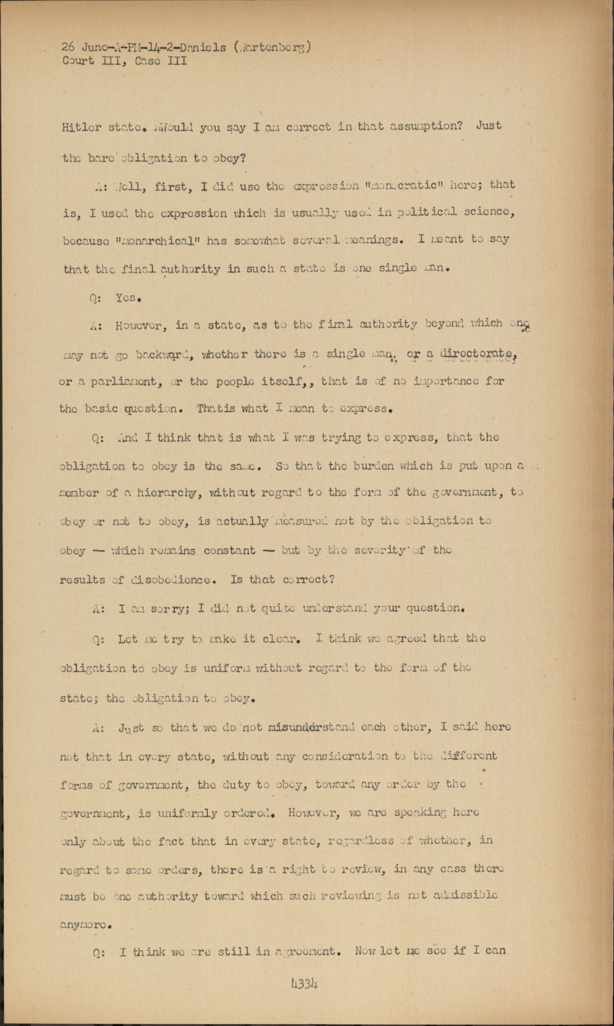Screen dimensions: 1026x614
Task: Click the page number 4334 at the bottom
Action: click(304, 984)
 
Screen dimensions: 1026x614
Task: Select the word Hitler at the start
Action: click(81, 127)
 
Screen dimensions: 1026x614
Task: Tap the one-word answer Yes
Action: click(128, 298)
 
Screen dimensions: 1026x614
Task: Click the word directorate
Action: click(480, 353)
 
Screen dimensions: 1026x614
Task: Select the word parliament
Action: click(115, 382)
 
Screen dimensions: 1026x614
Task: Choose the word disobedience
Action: click(170, 580)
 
